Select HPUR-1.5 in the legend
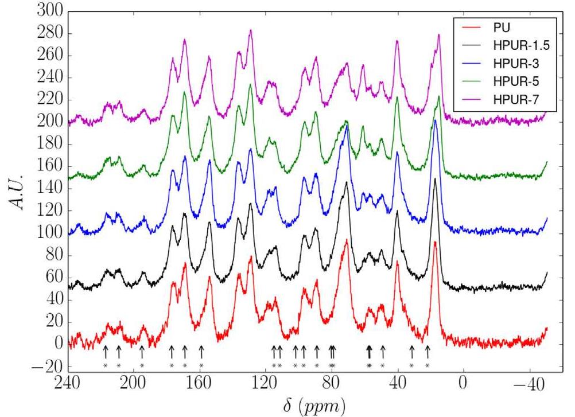516,45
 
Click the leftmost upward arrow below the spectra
106,351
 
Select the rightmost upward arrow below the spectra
427,351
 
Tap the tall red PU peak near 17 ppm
436,243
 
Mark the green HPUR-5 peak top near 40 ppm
397,97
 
